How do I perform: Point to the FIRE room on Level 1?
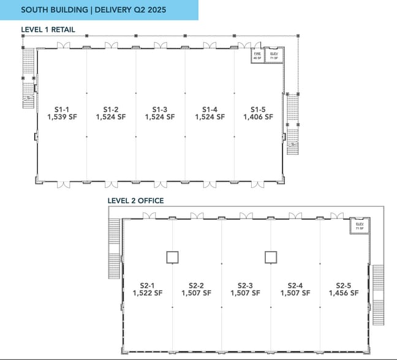[257, 55]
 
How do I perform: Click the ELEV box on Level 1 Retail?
[274, 55]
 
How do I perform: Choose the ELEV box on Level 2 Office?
[360, 227]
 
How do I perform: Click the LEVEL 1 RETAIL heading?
[48, 29]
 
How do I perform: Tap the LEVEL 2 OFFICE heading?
[135, 200]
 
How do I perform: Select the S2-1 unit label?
[148, 285]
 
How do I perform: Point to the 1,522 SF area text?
[148, 293]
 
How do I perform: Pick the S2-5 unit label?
[344, 285]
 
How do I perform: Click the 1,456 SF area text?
[344, 293]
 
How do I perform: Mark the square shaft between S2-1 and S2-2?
[173, 257]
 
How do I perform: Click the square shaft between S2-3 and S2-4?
[271, 257]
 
